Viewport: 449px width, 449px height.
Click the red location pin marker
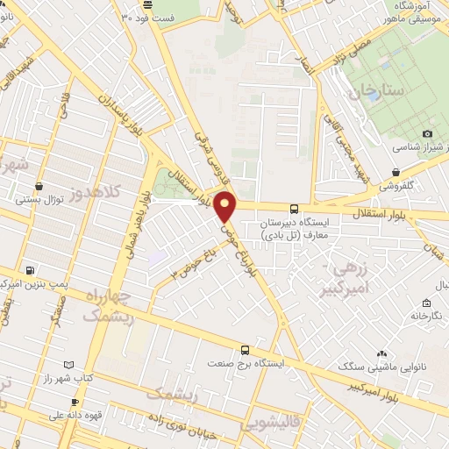[x=226, y=205]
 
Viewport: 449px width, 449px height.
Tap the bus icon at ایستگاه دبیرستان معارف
[x=294, y=210]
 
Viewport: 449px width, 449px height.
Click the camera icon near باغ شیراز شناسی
[x=427, y=133]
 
